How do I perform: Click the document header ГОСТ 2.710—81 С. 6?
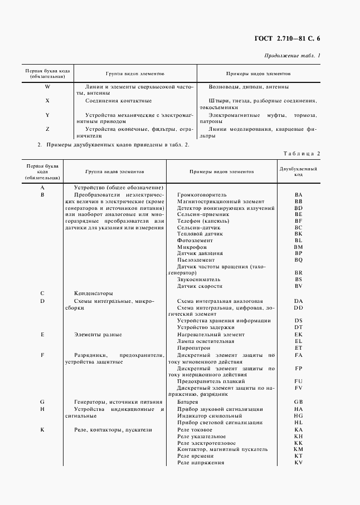(x=284, y=38)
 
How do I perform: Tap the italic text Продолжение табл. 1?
(x=292, y=56)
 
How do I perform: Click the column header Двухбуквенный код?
(x=298, y=171)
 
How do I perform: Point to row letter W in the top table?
(x=47, y=87)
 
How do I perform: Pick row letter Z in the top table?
(x=47, y=129)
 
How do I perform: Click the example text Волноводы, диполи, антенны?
(x=248, y=87)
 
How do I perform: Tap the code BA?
(x=298, y=194)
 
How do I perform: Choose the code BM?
(x=298, y=247)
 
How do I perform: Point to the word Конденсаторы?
(x=93, y=293)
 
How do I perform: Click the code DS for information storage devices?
(x=298, y=320)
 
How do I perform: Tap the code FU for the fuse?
(x=298, y=381)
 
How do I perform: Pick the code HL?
(x=298, y=423)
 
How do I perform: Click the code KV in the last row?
(x=298, y=463)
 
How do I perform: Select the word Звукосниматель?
(x=199, y=280)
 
